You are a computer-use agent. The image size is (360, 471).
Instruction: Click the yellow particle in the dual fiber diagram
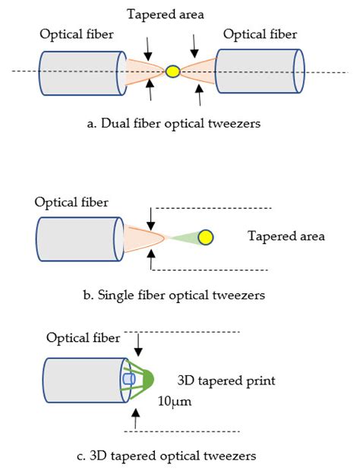(173, 71)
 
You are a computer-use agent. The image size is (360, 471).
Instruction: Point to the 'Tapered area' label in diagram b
(286, 236)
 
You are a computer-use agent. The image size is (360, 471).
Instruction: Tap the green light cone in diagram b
(182, 238)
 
